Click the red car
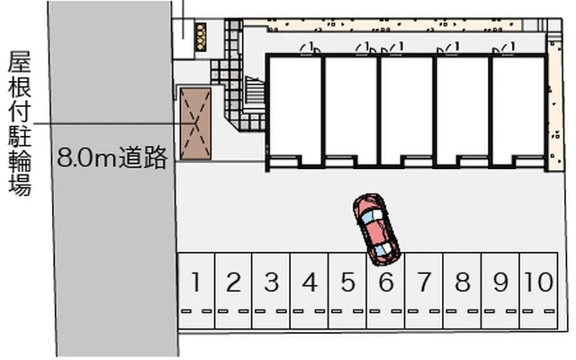(x=375, y=225)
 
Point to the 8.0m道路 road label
(x=112, y=159)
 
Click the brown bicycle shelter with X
(x=193, y=123)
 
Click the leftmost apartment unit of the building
(x=294, y=108)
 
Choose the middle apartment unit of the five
(x=407, y=108)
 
